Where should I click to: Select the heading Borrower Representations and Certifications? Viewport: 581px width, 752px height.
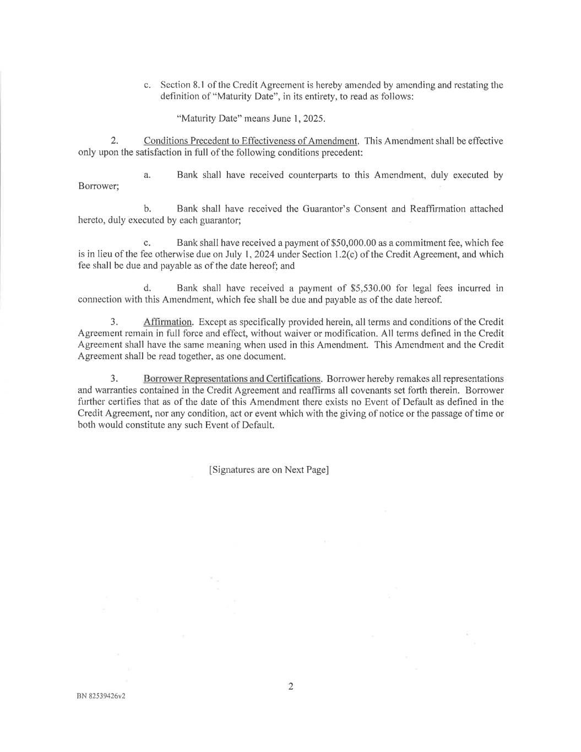(x=232, y=378)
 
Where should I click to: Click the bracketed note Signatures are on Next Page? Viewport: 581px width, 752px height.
(x=269, y=470)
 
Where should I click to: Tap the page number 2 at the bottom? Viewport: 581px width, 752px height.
(x=291, y=686)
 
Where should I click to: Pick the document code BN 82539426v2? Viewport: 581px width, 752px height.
(x=101, y=696)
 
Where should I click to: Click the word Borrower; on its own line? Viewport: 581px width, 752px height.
(x=99, y=186)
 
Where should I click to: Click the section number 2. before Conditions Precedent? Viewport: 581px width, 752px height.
(x=115, y=141)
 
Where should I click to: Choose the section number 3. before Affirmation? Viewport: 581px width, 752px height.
(x=115, y=322)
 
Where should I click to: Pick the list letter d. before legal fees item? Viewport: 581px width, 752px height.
(x=147, y=288)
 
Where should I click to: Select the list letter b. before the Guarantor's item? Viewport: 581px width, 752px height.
(x=147, y=209)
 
